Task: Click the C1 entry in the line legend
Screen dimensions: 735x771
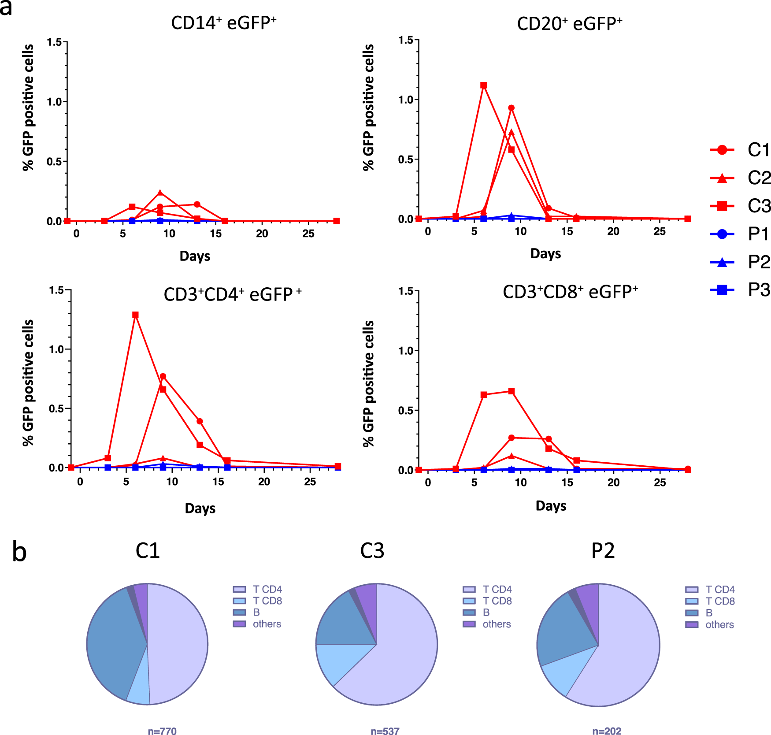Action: pyautogui.click(x=740, y=150)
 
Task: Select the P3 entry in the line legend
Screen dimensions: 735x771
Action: pyautogui.click(x=740, y=290)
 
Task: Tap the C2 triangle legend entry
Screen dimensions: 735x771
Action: pyautogui.click(x=740, y=178)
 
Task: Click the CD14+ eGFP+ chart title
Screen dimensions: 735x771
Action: pyautogui.click(x=223, y=23)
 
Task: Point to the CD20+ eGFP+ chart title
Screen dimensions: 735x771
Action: pyautogui.click(x=569, y=24)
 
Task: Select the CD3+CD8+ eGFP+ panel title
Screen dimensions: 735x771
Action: pyautogui.click(x=570, y=292)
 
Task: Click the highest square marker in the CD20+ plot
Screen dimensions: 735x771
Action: pyautogui.click(x=483, y=85)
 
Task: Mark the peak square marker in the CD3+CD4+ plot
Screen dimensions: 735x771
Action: pyautogui.click(x=135, y=315)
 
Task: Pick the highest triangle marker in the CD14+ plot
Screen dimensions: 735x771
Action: pyautogui.click(x=160, y=193)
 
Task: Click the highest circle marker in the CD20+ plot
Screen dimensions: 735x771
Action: pyautogui.click(x=511, y=108)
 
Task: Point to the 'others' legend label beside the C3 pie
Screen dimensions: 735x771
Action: pyautogui.click(x=497, y=624)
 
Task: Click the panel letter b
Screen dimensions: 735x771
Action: pyautogui.click(x=19, y=552)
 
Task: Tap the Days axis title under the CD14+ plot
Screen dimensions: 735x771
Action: pyautogui.click(x=195, y=256)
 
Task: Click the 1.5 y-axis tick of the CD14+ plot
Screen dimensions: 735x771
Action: pyautogui.click(x=55, y=42)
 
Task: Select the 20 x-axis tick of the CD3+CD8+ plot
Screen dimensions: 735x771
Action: pyautogui.click(x=613, y=483)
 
